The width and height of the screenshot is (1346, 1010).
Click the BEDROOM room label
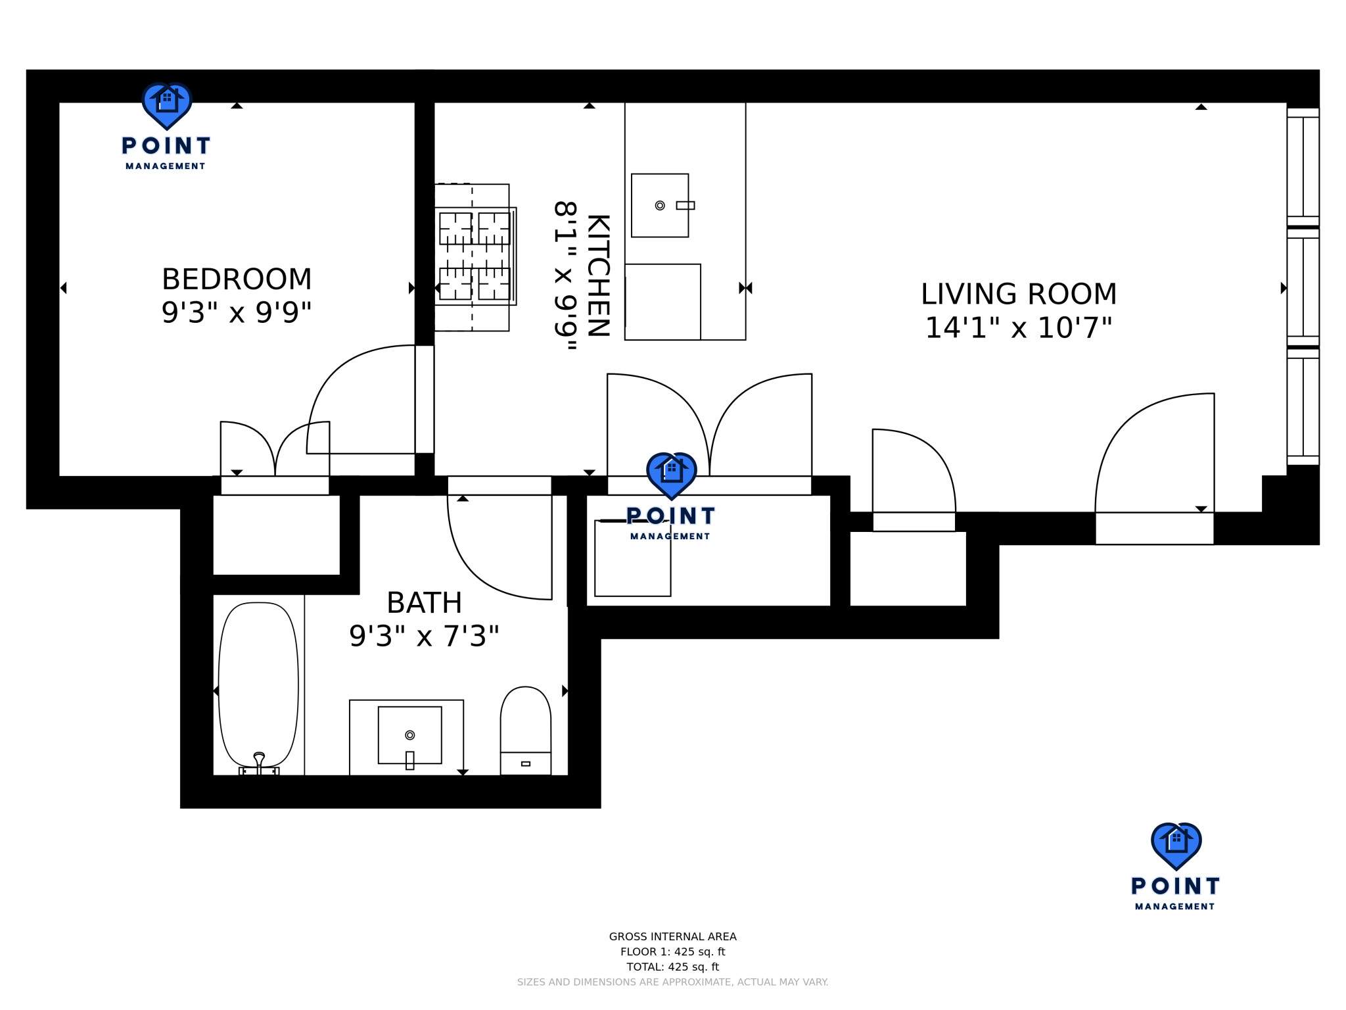tap(237, 279)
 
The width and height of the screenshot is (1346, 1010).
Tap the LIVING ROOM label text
tap(1019, 294)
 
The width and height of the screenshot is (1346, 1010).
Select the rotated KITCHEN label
tap(599, 276)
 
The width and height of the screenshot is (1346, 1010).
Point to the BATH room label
tap(424, 603)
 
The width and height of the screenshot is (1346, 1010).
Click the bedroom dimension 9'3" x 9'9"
tap(237, 312)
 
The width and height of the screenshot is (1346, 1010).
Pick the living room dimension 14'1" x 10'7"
tap(1019, 327)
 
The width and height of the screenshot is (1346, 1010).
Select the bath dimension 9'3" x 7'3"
tap(424, 636)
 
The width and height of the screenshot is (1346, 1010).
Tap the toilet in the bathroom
tap(526, 731)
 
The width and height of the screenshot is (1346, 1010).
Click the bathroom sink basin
tap(409, 735)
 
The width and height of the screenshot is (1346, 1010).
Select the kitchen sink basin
tap(660, 205)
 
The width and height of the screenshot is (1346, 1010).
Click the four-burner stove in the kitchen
tap(475, 256)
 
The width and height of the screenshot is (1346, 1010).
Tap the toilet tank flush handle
tap(526, 763)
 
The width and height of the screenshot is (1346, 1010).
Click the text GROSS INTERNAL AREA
tap(672, 936)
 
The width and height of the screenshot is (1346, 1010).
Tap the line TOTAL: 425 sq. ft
tap(672, 967)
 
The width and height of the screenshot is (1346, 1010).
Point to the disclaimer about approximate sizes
tap(672, 982)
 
